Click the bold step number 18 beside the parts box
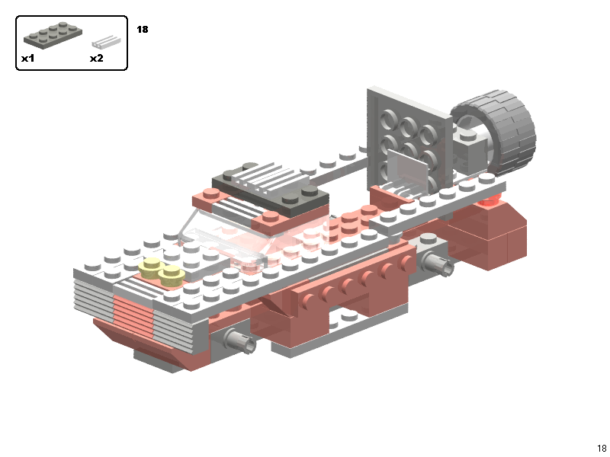(143, 30)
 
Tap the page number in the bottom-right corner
(602, 448)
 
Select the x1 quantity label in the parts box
(28, 59)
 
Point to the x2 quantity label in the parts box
(97, 59)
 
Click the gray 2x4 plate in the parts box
(53, 34)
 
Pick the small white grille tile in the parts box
(106, 42)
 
